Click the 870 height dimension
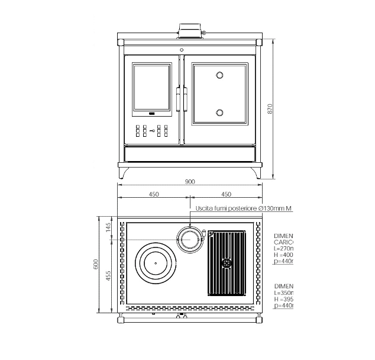(270, 109)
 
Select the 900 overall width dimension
(189, 182)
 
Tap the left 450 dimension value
(153, 194)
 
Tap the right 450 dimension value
(225, 194)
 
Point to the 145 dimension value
(108, 228)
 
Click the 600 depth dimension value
(96, 265)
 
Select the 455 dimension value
(108, 277)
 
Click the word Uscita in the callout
(204, 208)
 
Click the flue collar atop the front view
(189, 30)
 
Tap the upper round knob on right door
(219, 75)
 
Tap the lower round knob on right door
(219, 112)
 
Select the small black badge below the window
(151, 113)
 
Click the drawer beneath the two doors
(189, 154)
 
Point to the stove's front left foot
(122, 173)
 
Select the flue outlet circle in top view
(190, 240)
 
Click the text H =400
(283, 254)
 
